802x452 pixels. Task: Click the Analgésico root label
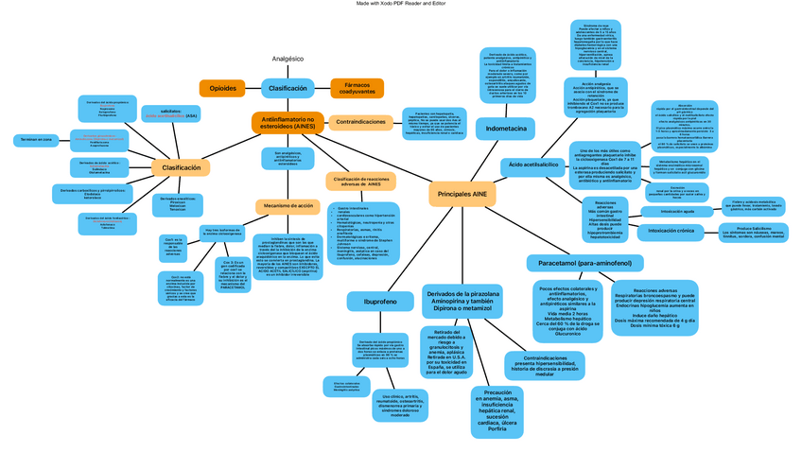pos(288,59)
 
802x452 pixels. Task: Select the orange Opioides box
pos(223,88)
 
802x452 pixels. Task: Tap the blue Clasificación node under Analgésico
pos(288,88)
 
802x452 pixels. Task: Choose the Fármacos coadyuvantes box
pos(357,88)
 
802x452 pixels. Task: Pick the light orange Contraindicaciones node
pos(361,122)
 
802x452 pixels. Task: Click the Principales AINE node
pos(462,193)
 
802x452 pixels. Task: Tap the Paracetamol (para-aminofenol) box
pos(584,261)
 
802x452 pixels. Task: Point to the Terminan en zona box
pos(32,139)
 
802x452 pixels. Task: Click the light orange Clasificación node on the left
pos(182,167)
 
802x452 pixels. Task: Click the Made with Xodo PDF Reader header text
pos(401,5)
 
